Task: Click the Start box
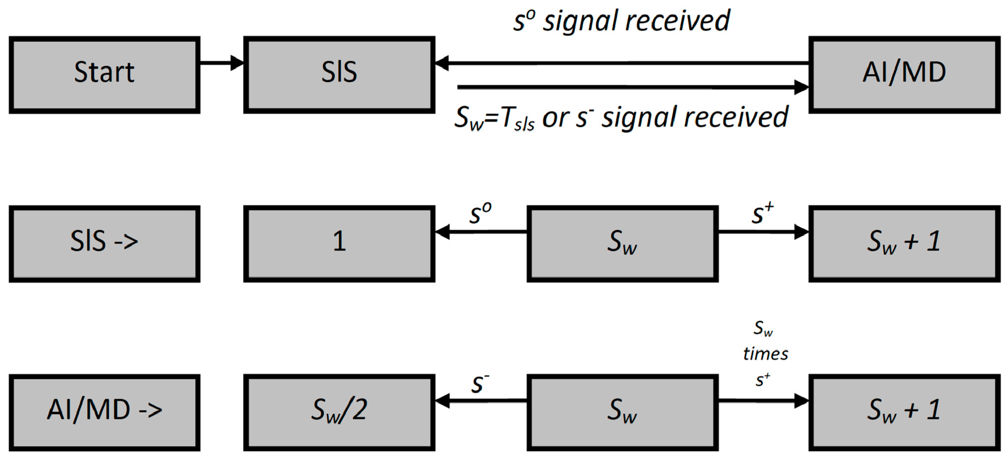(105, 75)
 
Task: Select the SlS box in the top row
(339, 75)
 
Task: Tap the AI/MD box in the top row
(904, 75)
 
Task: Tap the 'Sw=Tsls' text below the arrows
(494, 118)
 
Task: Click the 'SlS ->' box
(105, 244)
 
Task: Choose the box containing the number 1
(339, 244)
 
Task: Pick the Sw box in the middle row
(622, 244)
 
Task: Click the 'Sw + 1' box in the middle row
(904, 244)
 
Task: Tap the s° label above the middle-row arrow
(480, 213)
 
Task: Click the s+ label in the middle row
(762, 213)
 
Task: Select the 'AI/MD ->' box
(105, 412)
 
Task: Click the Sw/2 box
(339, 412)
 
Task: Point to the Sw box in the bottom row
(622, 412)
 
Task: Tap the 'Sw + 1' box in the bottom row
(904, 412)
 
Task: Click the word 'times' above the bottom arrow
(765, 354)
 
